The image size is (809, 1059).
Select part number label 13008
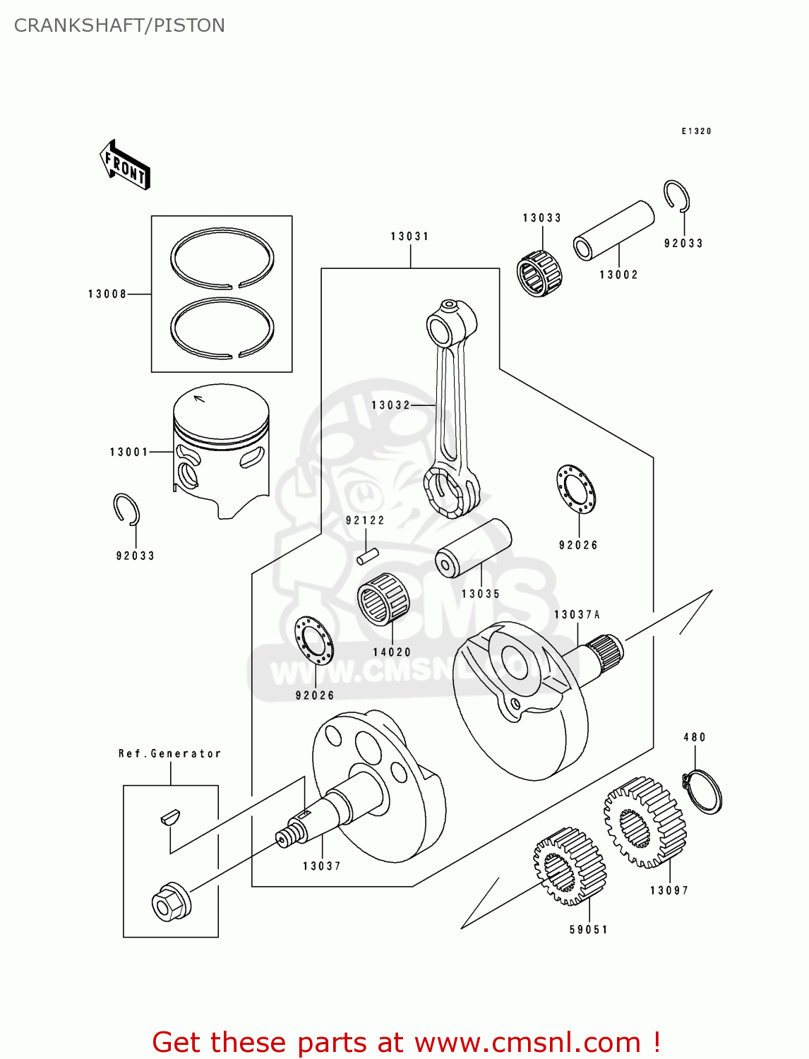(x=107, y=294)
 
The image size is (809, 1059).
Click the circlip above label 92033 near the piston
(x=127, y=509)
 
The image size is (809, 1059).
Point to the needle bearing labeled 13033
(x=539, y=273)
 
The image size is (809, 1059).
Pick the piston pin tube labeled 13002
(x=613, y=230)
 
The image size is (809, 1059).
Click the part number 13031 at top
(x=410, y=236)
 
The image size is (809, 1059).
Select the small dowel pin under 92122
(x=368, y=556)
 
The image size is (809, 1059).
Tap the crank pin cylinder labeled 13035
(x=473, y=548)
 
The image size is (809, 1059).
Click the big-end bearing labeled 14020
(x=383, y=599)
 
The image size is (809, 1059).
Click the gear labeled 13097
(x=645, y=822)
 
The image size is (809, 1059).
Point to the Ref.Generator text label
(x=169, y=753)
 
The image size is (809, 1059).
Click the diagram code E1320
(x=696, y=131)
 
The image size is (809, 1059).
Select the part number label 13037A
(x=577, y=614)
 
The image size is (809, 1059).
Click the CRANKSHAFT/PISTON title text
(x=119, y=25)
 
